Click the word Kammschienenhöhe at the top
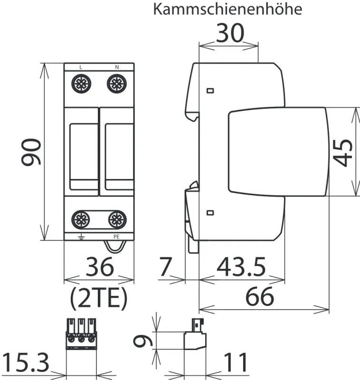point(227,9)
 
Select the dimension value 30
point(230,33)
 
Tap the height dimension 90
point(31,152)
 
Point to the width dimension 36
point(100,266)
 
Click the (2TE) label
point(99,298)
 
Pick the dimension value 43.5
point(241,267)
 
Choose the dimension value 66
point(259,296)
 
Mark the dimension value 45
point(342,152)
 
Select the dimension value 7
point(166,266)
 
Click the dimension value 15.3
point(26,362)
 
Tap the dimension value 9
point(143,341)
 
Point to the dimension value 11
point(236,362)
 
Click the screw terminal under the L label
point(81,84)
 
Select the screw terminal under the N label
point(117,84)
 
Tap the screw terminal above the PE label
point(117,219)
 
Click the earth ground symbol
point(81,237)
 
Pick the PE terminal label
point(116,237)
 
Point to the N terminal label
point(117,67)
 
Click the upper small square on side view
point(210,91)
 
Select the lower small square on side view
point(210,213)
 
